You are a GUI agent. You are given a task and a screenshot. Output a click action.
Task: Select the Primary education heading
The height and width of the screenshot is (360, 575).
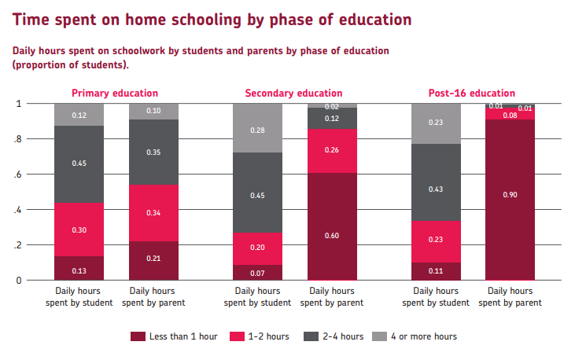point(115,93)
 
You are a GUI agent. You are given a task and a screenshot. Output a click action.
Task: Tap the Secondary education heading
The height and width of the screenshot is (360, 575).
point(293,93)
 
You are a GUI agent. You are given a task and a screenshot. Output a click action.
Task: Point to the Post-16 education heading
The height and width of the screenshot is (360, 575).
point(472,93)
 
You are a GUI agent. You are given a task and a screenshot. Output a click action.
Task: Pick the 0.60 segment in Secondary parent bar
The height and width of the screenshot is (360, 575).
point(331,226)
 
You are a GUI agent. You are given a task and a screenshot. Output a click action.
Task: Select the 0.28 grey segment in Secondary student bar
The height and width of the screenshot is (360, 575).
point(258,128)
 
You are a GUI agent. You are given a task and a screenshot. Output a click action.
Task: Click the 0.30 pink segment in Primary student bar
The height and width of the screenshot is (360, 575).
point(79,230)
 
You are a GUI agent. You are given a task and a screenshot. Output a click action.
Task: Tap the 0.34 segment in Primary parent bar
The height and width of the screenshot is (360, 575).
point(153,213)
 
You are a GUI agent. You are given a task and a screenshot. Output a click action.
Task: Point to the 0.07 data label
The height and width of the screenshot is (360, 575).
point(258,273)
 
